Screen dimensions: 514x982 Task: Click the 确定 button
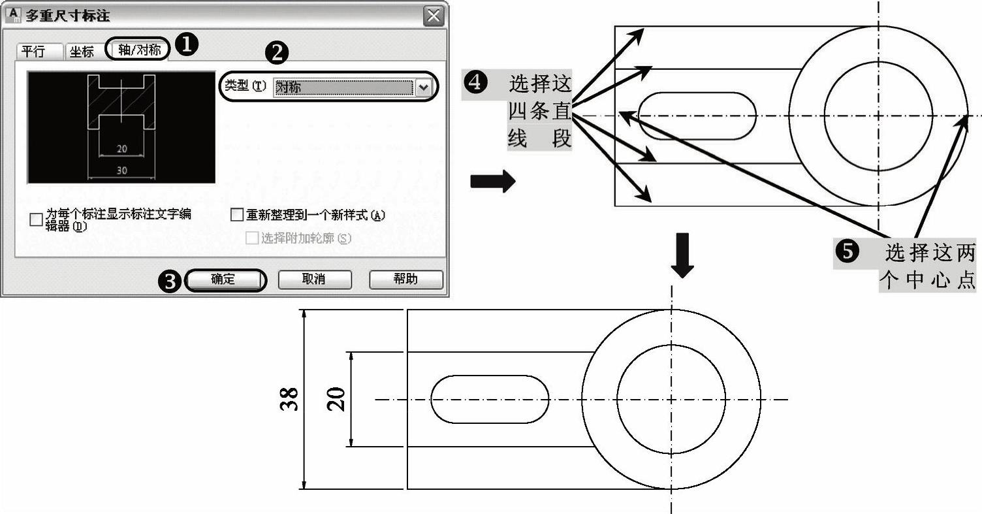[x=226, y=280]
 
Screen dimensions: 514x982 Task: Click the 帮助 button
[x=405, y=280]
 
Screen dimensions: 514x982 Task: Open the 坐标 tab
[x=82, y=52]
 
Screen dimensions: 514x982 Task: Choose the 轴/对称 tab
[x=139, y=50]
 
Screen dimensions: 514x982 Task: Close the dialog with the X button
[x=432, y=16]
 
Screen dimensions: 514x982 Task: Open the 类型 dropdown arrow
[x=424, y=87]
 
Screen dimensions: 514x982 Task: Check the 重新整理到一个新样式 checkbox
[x=237, y=215]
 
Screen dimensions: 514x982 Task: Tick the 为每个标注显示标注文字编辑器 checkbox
[x=37, y=219]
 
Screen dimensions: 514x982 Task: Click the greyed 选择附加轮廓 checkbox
[x=251, y=238]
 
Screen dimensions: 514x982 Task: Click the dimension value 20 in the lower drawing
[x=336, y=398]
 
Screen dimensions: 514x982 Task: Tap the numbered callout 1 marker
[x=188, y=44]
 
